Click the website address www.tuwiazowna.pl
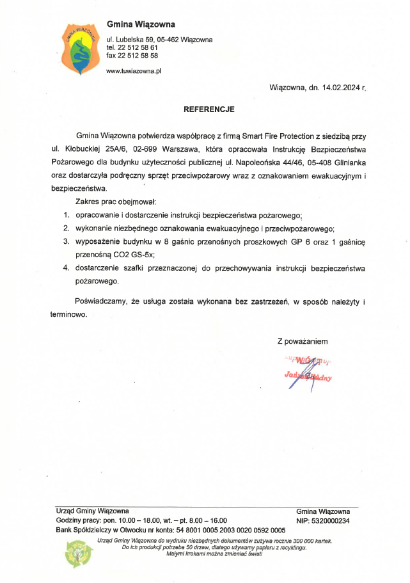click(134, 71)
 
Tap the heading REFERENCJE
click(209, 109)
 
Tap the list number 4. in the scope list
click(66, 268)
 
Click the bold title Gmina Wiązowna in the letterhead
click(141, 25)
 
